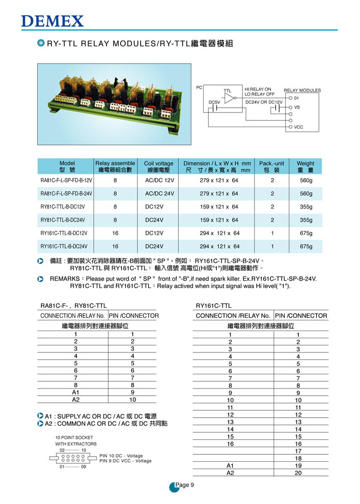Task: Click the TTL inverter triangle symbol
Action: (230, 98)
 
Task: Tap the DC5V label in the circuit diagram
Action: (215, 102)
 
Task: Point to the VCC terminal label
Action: (299, 127)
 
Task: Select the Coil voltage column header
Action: (159, 166)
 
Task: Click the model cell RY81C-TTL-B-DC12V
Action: (63, 207)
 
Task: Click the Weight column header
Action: (306, 166)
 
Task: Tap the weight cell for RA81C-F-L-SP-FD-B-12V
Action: (306, 181)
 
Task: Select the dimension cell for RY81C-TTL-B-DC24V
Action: (219, 220)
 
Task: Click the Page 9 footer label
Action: (184, 485)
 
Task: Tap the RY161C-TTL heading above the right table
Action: (214, 306)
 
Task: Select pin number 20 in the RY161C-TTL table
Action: (298, 473)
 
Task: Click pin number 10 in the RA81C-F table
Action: (132, 400)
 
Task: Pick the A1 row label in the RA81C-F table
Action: (76, 392)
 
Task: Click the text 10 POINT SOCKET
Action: (74, 437)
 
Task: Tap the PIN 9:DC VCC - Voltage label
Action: (126, 461)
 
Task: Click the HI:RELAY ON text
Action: (258, 89)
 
